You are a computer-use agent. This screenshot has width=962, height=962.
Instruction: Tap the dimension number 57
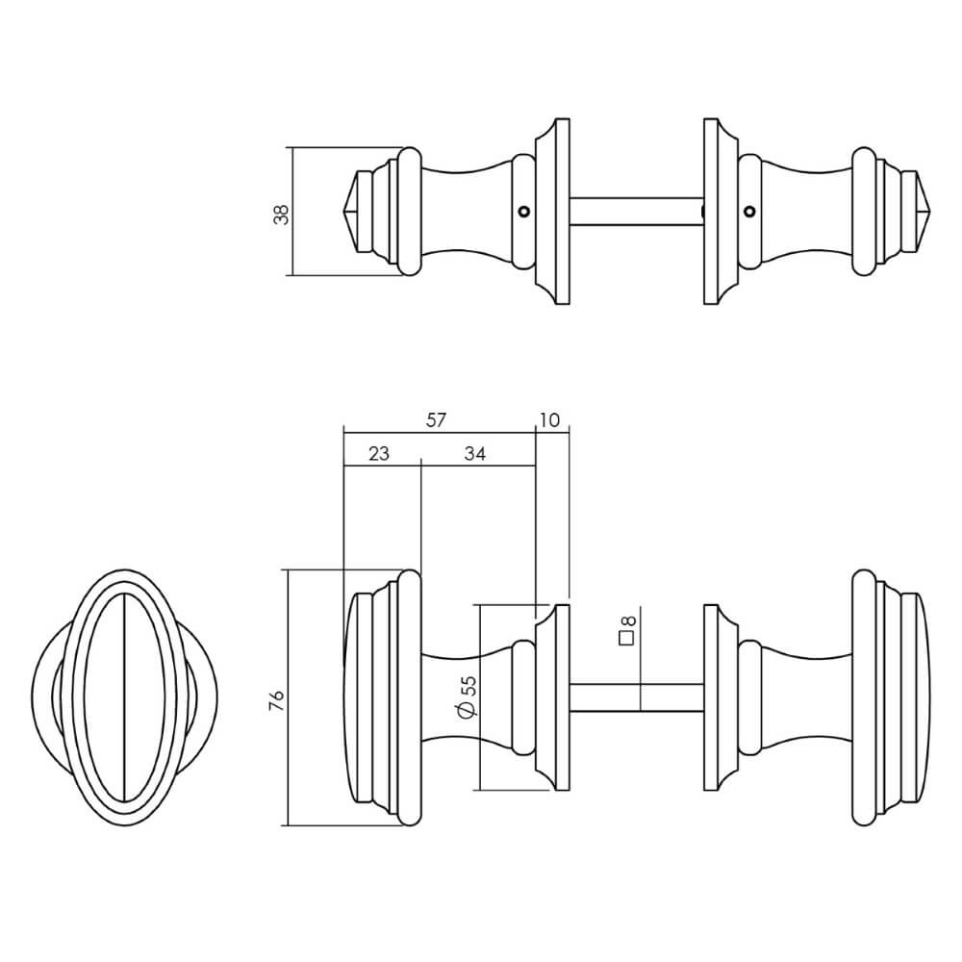click(437, 420)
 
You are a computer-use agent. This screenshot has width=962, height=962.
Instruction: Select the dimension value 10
click(550, 420)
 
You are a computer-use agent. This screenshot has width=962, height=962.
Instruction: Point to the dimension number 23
click(378, 453)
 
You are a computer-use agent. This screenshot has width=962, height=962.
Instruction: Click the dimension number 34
click(474, 453)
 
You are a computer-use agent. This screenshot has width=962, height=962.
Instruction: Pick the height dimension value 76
click(276, 699)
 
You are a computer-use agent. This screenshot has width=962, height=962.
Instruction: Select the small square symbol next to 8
click(625, 638)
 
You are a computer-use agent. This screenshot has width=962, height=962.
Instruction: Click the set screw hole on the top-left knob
click(522, 212)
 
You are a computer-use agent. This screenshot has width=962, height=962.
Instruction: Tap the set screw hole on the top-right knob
click(749, 212)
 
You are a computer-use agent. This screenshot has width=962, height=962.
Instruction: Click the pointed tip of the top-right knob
click(924, 212)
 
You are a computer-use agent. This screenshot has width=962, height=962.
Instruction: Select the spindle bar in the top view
click(636, 212)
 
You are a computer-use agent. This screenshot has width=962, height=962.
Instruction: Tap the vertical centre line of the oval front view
click(126, 696)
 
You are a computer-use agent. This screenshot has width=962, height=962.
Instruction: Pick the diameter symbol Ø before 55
click(468, 711)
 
